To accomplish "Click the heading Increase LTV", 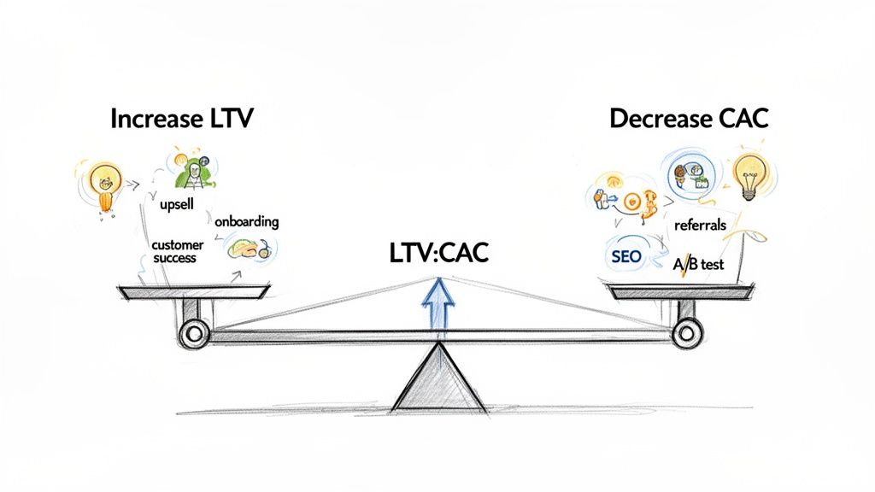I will [x=181, y=120].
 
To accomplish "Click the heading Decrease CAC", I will [x=689, y=120].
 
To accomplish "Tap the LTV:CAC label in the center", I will [x=437, y=255].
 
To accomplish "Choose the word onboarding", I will [x=247, y=221].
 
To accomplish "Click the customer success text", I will [x=174, y=251].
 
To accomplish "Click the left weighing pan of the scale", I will [x=193, y=293].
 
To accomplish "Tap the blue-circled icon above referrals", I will [x=689, y=175].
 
